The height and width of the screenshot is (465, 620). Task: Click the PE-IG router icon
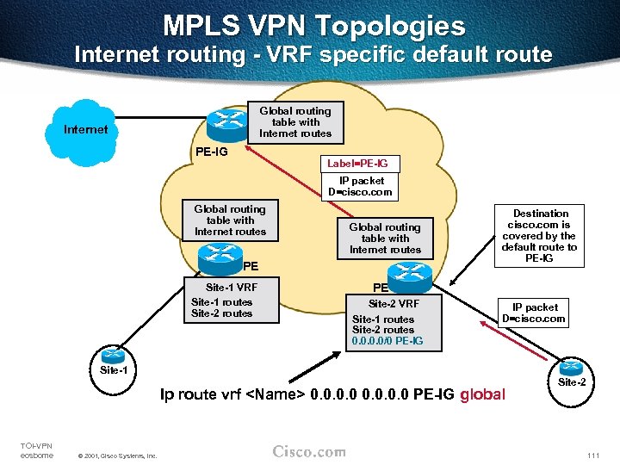(x=228, y=123)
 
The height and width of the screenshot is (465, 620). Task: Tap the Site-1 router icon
(x=114, y=356)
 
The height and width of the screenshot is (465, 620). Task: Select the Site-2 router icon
(x=571, y=368)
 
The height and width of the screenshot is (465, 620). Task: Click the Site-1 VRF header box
(x=231, y=287)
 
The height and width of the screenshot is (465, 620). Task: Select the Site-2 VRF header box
(x=394, y=303)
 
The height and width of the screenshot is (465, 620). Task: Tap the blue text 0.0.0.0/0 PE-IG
(x=387, y=342)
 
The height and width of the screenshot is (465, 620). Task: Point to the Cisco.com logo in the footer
(x=309, y=452)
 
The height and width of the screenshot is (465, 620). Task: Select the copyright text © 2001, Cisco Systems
(x=117, y=456)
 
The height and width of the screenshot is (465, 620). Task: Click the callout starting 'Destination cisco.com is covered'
(x=541, y=236)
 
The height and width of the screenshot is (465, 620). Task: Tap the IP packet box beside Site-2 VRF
(x=535, y=313)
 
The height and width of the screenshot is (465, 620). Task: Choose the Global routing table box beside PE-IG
(x=295, y=121)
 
